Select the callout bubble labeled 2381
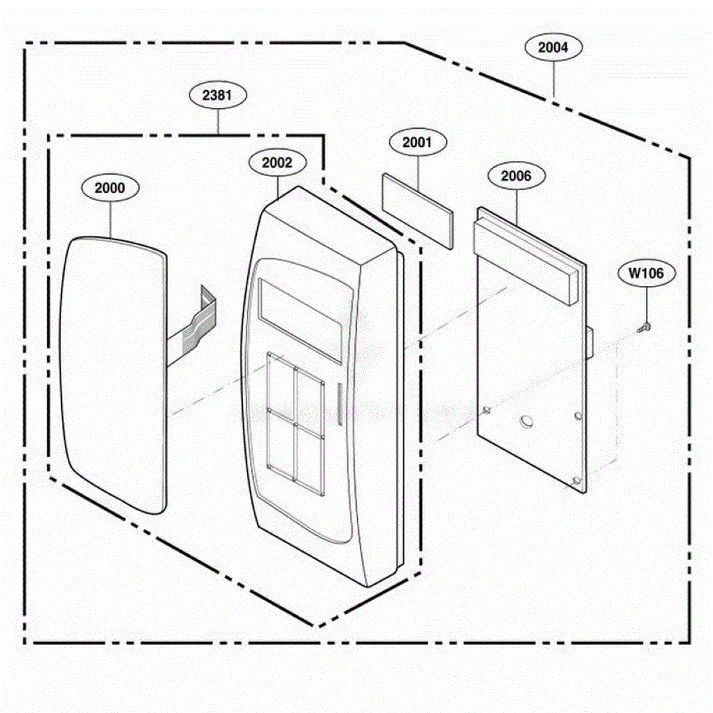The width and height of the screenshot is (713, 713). [217, 96]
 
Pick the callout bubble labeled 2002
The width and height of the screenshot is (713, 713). [277, 163]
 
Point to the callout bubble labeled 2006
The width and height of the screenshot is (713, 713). [516, 176]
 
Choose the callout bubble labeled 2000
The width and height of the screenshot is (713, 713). [111, 188]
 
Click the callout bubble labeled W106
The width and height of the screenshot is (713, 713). [646, 273]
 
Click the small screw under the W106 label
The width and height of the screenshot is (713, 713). [644, 327]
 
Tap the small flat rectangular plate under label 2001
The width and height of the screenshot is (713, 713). [418, 211]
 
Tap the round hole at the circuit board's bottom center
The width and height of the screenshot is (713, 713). [526, 420]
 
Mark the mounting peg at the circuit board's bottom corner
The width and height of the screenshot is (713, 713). [576, 481]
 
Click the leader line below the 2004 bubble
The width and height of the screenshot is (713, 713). [554, 79]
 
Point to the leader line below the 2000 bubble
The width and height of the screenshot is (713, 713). [111, 220]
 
